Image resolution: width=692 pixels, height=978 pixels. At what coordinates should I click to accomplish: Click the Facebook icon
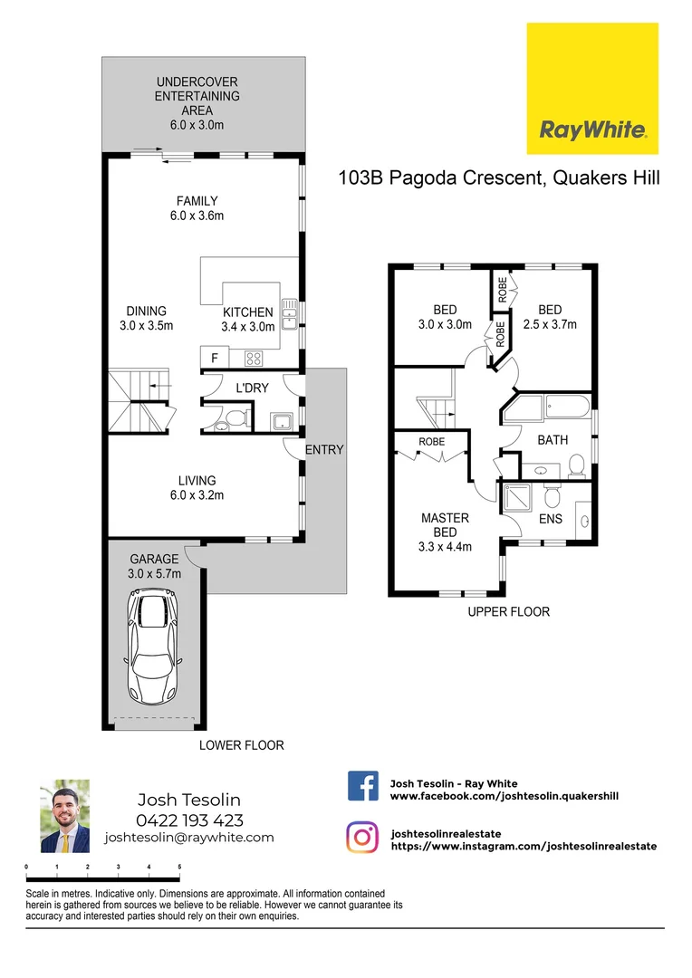click(x=363, y=786)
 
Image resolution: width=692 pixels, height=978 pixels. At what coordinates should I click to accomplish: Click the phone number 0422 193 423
click(x=189, y=820)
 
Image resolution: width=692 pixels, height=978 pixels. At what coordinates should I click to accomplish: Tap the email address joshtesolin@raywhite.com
click(x=189, y=838)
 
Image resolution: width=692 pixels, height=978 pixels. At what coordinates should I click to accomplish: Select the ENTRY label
click(x=324, y=450)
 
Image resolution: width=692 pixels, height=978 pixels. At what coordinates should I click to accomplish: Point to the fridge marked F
click(x=215, y=358)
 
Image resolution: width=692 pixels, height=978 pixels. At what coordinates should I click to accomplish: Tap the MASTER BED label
click(x=445, y=525)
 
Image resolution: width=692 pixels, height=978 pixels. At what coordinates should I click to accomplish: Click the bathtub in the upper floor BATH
click(x=548, y=408)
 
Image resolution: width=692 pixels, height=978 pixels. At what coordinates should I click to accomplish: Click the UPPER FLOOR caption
click(x=508, y=612)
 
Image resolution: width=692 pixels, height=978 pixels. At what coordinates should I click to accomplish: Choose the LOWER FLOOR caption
click(x=242, y=745)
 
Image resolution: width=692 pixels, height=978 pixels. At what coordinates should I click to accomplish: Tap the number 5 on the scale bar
click(x=179, y=867)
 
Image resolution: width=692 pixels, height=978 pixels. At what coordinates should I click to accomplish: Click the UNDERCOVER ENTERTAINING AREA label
click(x=197, y=96)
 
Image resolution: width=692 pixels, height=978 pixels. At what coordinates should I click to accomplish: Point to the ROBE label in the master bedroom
click(x=431, y=442)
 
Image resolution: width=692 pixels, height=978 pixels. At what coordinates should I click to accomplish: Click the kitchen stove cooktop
click(x=255, y=359)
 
